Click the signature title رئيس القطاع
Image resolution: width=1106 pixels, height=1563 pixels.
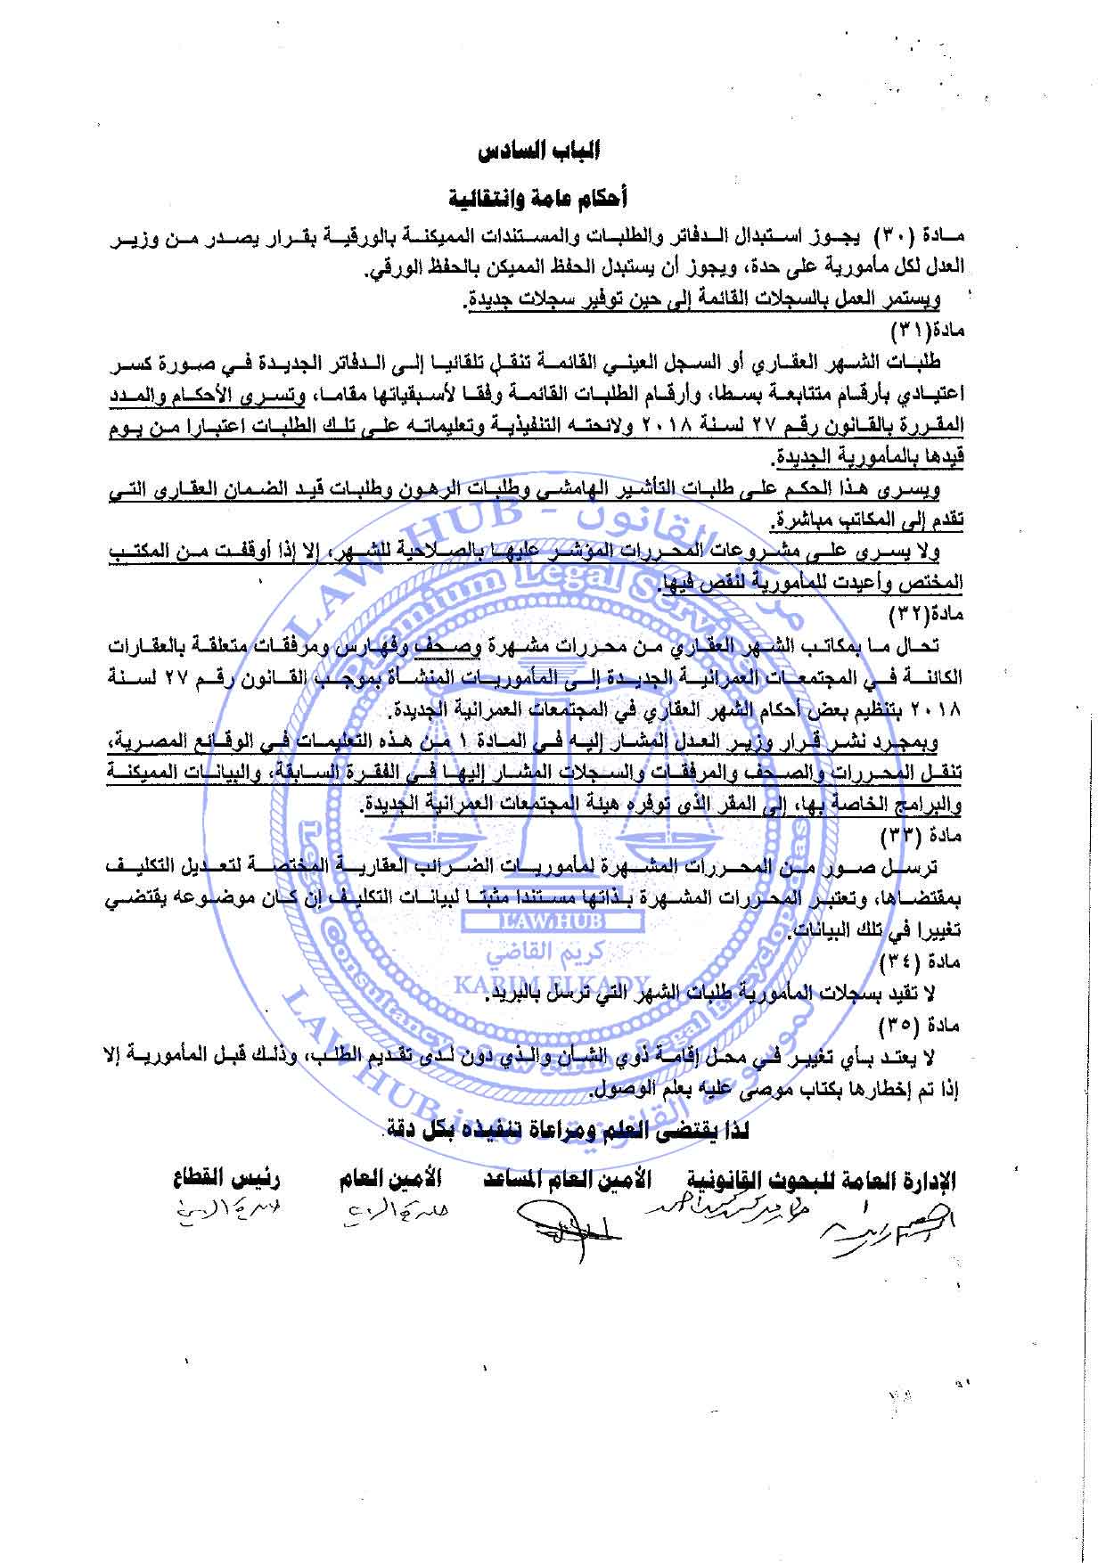tap(227, 1179)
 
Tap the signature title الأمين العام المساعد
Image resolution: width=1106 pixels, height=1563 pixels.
tap(568, 1180)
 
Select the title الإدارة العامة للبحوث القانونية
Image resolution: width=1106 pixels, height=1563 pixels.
tap(821, 1181)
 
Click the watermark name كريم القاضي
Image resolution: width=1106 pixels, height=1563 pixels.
tap(553, 953)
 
